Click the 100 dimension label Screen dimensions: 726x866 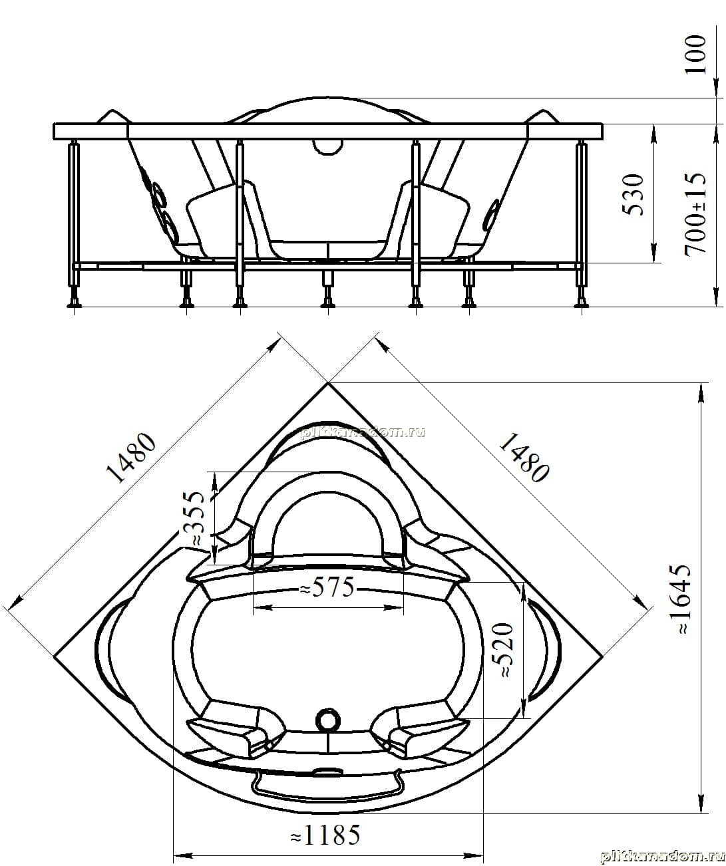(695, 55)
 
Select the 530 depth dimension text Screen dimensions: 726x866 (634, 194)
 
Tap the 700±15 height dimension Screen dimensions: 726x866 (695, 214)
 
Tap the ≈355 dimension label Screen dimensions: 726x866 (194, 518)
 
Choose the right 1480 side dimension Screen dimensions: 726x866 (524, 458)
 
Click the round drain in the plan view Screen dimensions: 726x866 (328, 719)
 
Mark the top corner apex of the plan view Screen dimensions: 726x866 (328, 383)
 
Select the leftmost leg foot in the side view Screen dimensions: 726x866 (75, 301)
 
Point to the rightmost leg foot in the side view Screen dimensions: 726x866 (581, 301)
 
